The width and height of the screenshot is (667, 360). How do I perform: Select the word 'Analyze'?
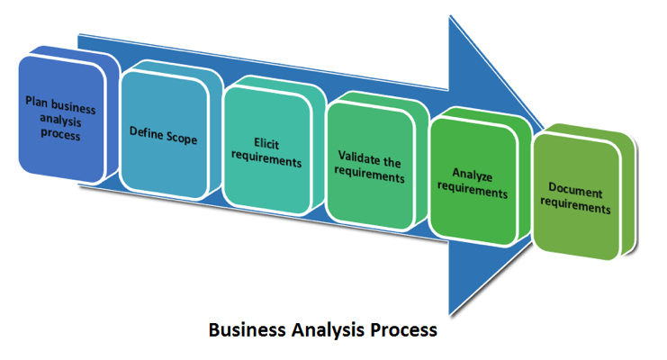[473, 179]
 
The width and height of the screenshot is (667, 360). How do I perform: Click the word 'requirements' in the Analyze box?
[473, 193]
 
